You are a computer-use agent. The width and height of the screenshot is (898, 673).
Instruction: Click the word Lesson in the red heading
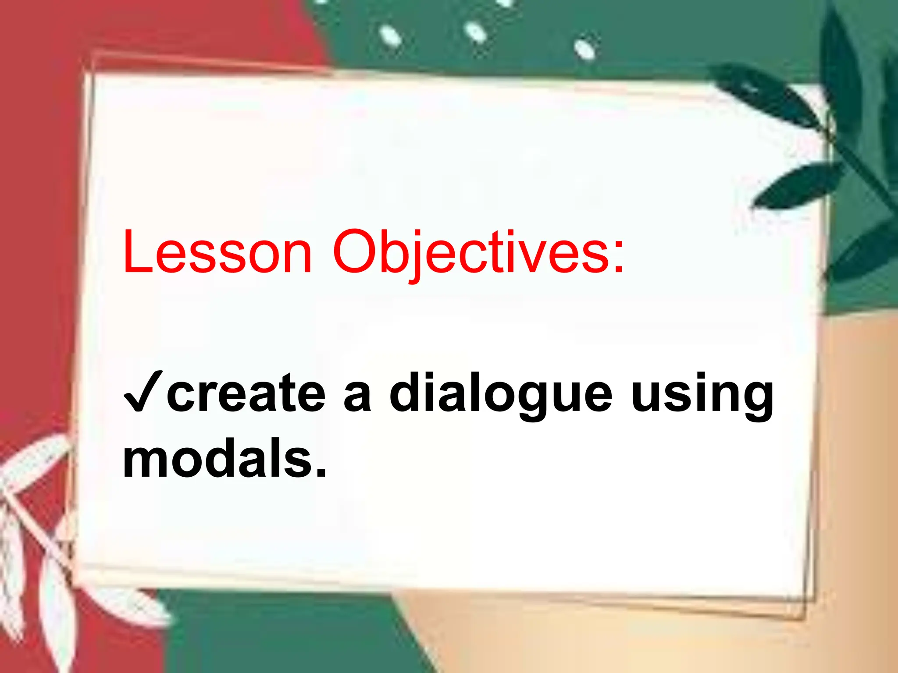click(217, 252)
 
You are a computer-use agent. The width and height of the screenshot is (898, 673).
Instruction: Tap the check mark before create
click(143, 391)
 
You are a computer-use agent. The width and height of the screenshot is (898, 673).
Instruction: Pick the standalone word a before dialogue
click(357, 397)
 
